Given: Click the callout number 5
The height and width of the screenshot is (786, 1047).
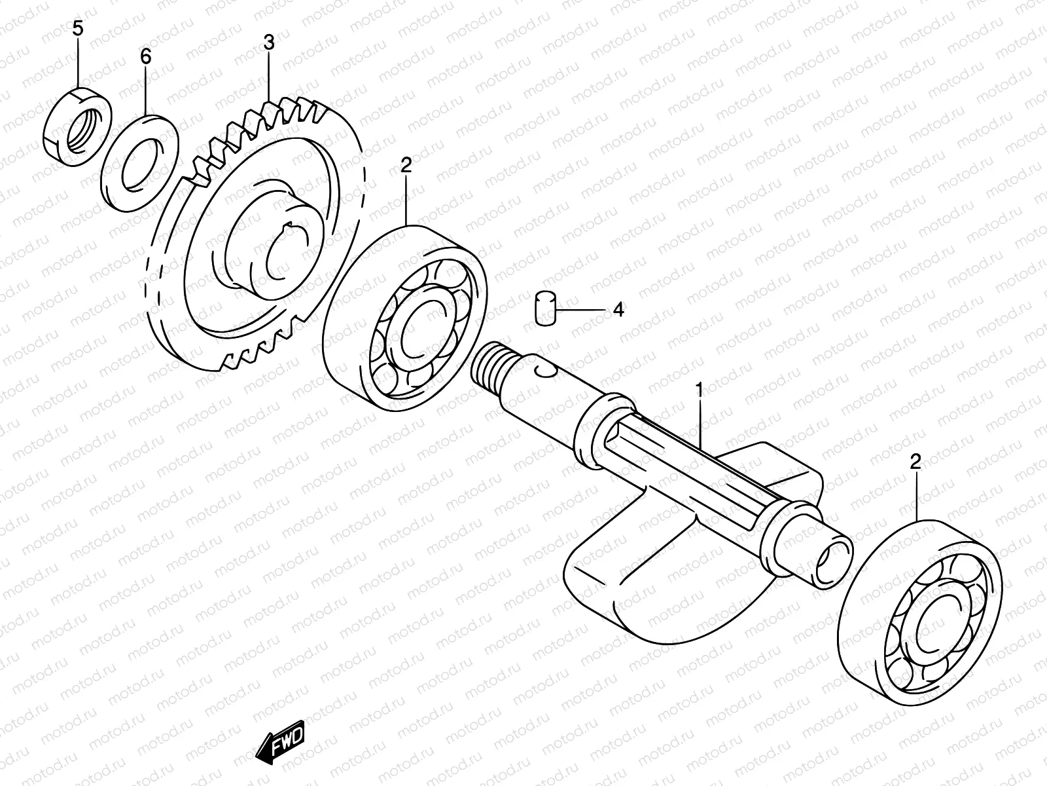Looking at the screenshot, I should pyautogui.click(x=78, y=29).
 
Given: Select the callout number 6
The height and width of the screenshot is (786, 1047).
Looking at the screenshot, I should pyautogui.click(x=145, y=57).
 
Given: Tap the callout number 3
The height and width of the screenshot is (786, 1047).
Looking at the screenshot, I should pyautogui.click(x=269, y=43).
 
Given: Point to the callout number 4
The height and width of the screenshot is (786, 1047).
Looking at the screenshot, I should pyautogui.click(x=618, y=310).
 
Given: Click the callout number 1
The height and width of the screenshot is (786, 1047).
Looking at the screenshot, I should pyautogui.click(x=699, y=391).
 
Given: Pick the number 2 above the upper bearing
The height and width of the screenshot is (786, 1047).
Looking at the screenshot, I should pyautogui.click(x=406, y=166).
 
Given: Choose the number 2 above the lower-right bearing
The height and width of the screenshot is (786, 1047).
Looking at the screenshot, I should pyautogui.click(x=915, y=463).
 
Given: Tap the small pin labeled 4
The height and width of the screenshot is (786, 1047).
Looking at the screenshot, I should pyautogui.click(x=544, y=307).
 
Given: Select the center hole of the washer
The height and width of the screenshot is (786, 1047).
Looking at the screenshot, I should pyautogui.click(x=143, y=164).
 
